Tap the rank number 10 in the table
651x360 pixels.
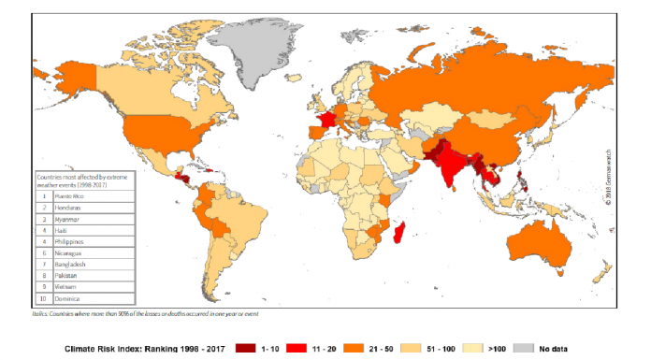pos(43,298)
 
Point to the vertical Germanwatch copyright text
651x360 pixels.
pos(609,178)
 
